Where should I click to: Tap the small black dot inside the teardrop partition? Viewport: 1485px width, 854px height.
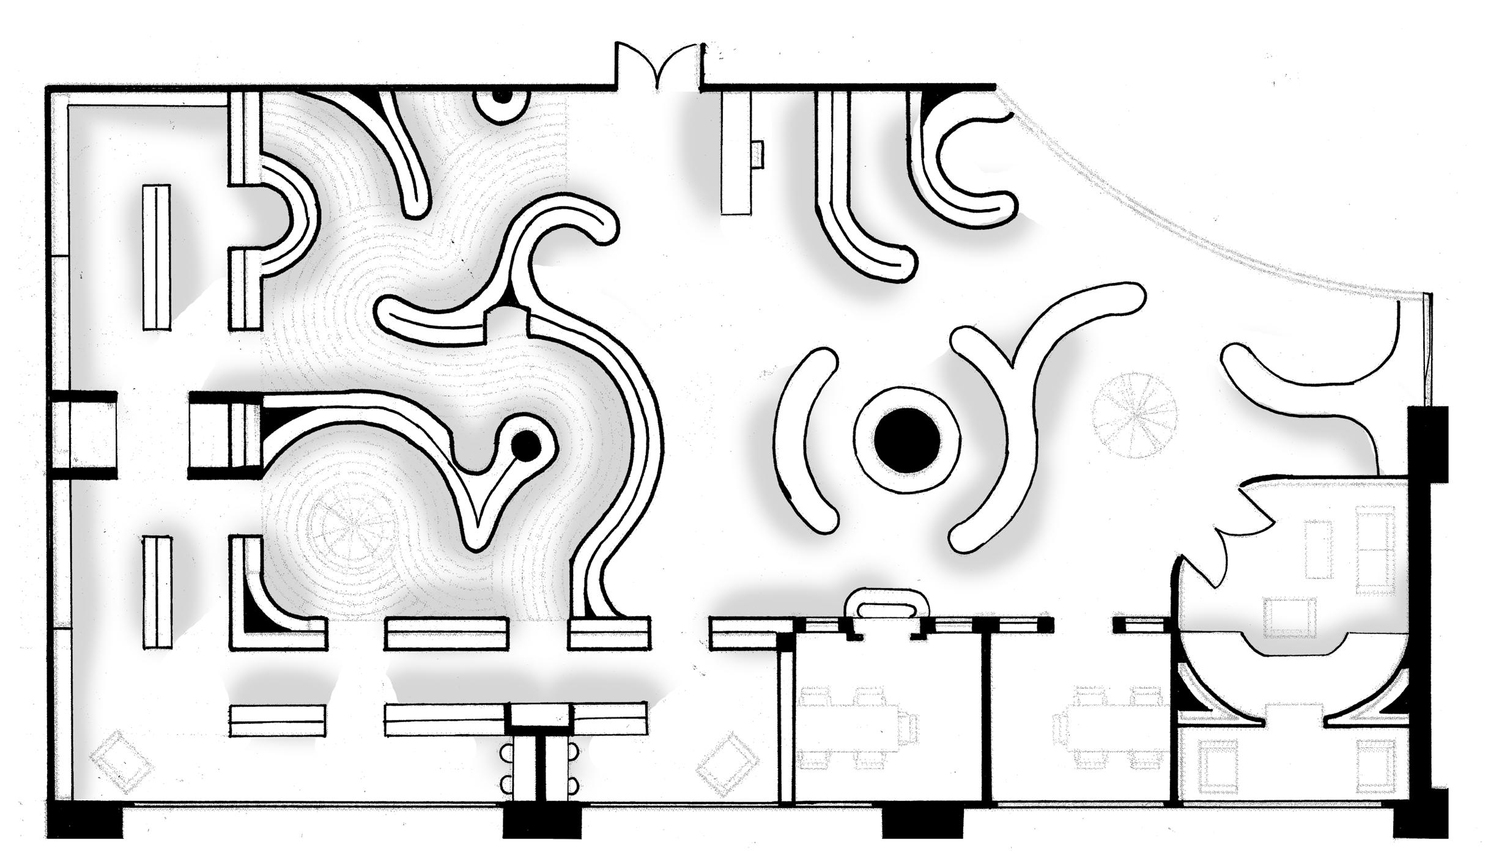point(525,446)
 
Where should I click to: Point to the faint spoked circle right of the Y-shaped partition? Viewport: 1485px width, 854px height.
point(1135,415)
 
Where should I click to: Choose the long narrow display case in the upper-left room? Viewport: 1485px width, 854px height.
point(157,257)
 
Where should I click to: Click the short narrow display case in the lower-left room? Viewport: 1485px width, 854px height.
point(157,592)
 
